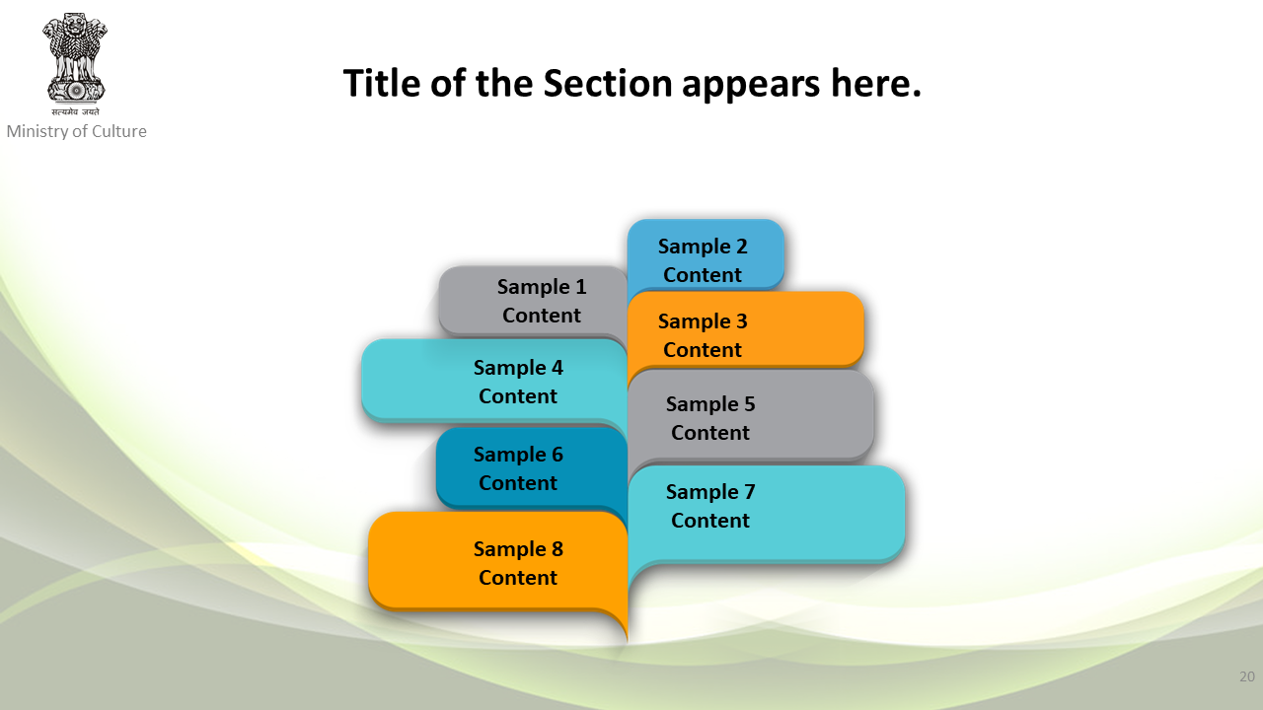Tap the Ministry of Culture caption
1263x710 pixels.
point(76,131)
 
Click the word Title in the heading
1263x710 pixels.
point(382,83)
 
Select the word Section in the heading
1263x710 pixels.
point(607,83)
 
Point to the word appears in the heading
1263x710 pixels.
point(751,86)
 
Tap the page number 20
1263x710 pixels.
point(1247,676)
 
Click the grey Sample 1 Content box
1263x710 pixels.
point(533,302)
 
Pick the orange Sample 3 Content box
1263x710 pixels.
point(745,329)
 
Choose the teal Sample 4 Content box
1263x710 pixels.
point(494,381)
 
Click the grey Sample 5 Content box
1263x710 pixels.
point(751,416)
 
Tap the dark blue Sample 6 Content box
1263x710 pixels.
point(532,467)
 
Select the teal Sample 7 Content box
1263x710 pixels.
point(767,514)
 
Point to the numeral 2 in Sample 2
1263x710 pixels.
point(741,247)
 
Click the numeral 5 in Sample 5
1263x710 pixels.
point(749,404)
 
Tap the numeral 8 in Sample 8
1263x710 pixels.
point(557,549)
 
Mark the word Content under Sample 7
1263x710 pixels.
point(709,520)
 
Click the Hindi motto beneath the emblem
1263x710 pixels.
point(76,111)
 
